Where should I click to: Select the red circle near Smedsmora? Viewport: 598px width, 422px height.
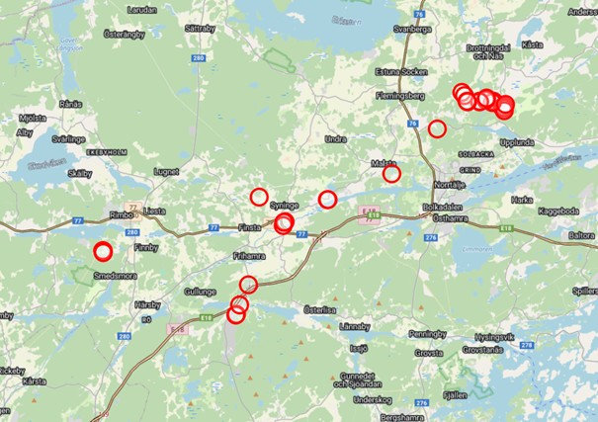coord(103,251)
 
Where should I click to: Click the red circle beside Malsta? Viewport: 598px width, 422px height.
coord(391,174)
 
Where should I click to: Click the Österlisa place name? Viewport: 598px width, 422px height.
coord(320,309)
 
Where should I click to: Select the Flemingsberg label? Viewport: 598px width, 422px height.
coord(399,96)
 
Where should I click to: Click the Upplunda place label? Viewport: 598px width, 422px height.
coord(516,142)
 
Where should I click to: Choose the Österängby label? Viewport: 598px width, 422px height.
coord(126,34)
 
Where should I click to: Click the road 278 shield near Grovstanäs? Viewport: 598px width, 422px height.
coord(527,343)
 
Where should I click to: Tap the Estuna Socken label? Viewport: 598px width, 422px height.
coord(399,72)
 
